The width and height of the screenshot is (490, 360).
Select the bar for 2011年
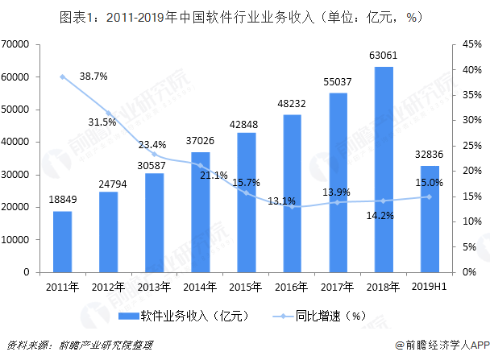pyautogui.click(x=62, y=242)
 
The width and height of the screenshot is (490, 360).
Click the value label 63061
pyautogui.click(x=384, y=56)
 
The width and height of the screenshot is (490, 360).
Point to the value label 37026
pyautogui.click(x=200, y=141)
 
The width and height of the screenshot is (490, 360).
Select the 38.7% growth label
pyautogui.click(x=93, y=77)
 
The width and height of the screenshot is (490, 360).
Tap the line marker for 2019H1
pyautogui.click(x=430, y=197)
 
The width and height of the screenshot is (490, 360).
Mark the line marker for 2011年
pyautogui.click(x=62, y=77)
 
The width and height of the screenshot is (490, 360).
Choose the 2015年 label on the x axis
pyautogui.click(x=246, y=285)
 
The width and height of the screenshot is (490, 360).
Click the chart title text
pyautogui.click(x=244, y=16)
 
